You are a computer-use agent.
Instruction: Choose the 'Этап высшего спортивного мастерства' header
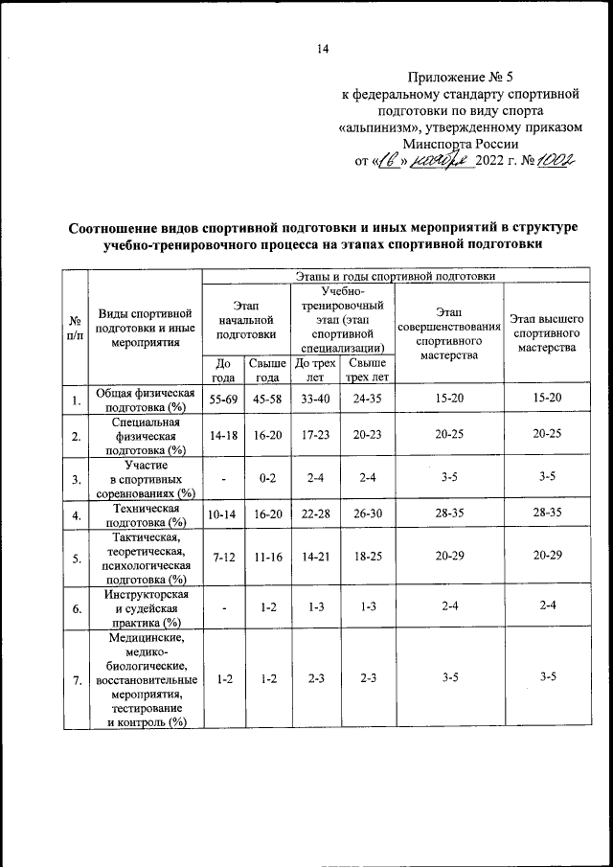[547, 331]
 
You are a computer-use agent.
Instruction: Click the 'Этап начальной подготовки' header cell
[246, 319]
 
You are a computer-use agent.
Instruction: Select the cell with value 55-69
[224, 398]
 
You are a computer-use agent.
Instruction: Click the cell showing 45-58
[268, 398]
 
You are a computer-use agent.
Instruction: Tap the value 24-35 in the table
[367, 398]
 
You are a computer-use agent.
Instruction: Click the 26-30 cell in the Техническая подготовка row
[367, 514]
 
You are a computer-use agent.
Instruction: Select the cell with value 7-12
[224, 556]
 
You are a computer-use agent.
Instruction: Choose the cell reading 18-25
[367, 556]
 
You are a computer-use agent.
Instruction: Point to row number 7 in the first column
[74, 679]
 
